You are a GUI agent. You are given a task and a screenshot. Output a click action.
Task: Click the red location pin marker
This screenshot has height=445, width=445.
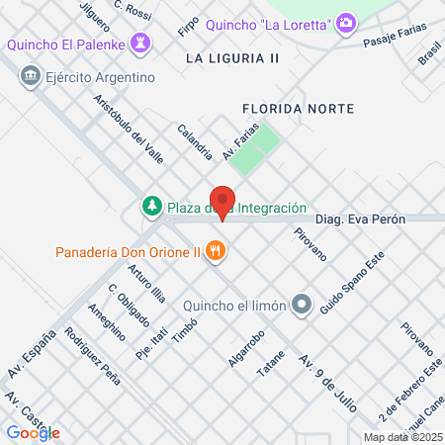222,202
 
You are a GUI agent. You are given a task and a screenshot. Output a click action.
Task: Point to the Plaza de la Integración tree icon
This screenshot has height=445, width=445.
151,207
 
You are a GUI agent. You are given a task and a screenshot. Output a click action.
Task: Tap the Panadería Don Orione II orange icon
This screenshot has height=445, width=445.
216,251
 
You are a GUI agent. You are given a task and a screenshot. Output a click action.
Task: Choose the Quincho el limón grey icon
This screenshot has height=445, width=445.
302,305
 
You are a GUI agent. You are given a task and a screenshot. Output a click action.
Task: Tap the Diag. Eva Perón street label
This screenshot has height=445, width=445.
361,220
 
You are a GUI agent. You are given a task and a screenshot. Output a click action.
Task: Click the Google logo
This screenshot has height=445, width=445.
33,432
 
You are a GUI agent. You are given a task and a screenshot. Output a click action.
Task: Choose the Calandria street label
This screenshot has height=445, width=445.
195,141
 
